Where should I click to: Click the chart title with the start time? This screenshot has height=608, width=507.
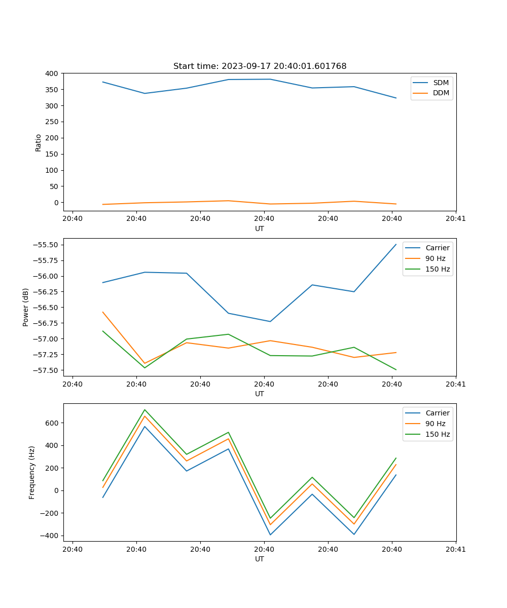260,66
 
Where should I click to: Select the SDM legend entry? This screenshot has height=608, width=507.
441,83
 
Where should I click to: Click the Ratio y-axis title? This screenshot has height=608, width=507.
39,142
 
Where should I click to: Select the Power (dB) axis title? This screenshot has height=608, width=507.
26,307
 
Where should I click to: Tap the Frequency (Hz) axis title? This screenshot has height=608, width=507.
32,472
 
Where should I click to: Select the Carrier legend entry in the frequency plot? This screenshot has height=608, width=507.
437,413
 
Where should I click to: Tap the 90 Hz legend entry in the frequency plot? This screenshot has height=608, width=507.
435,424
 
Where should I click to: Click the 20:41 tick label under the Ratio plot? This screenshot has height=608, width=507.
456,219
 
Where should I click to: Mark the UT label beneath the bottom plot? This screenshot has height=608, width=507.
260,559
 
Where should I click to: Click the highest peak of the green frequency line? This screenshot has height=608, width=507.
144,409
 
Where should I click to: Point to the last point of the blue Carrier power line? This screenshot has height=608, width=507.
396,244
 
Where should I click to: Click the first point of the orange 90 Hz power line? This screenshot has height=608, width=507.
103,312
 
